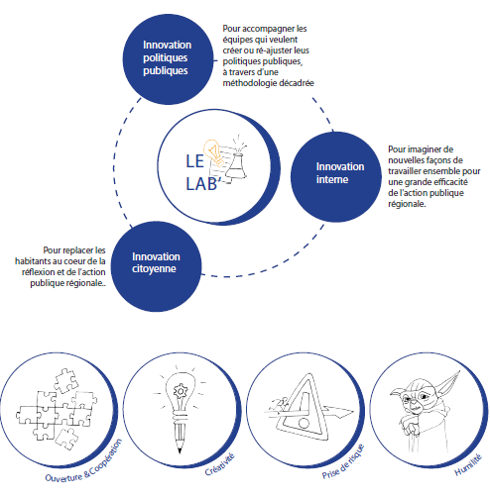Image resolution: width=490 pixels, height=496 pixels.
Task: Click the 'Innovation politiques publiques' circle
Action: [169, 59]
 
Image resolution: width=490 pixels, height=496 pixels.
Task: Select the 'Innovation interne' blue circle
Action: [336, 177]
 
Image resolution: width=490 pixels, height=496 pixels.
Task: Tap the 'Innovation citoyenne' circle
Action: [156, 266]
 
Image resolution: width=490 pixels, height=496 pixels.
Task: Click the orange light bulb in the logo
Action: [213, 151]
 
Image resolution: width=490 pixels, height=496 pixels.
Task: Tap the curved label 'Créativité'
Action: [220, 464]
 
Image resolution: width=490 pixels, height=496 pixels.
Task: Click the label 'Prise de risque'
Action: [344, 462]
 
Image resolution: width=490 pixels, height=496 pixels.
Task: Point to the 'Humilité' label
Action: [468, 464]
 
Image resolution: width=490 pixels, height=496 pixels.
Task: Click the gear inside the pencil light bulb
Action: [181, 392]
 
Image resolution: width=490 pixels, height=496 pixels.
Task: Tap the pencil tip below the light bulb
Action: [180, 447]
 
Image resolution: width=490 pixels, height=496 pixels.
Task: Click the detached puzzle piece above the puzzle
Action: [66, 382]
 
